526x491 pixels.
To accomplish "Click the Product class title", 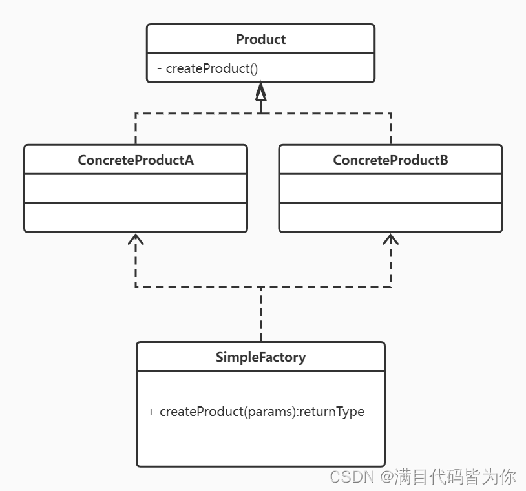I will (260, 39).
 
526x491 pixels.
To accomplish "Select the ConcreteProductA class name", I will (136, 160).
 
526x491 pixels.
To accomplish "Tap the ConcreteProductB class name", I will (390, 160).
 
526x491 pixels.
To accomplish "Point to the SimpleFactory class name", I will (260, 357).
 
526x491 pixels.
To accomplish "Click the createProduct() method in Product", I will (211, 68).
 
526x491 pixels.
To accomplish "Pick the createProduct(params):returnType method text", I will (262, 412).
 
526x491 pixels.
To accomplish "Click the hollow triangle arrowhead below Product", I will (260, 94).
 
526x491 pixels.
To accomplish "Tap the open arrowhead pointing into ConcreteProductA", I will (136, 239).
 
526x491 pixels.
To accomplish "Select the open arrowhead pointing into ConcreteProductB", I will (390, 239).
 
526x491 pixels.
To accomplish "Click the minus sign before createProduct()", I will (159, 68).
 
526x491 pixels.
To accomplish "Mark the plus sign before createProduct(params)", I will (151, 412).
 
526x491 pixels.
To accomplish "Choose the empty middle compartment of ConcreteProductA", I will (136, 189).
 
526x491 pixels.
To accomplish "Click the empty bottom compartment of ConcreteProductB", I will (390, 218).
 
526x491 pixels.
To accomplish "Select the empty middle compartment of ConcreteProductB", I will (390, 189).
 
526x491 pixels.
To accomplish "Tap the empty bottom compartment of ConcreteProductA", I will (136, 218).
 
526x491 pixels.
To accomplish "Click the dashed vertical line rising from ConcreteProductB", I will (390, 129).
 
